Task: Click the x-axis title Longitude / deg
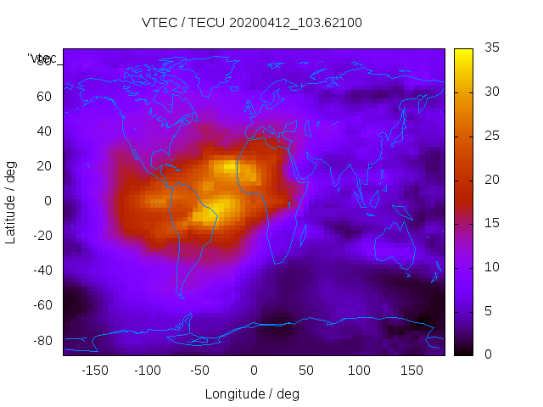coord(252,393)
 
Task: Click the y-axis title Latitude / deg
coord(11,202)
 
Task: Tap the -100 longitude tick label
coord(147,371)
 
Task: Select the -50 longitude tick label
coord(200,371)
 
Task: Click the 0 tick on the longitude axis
coord(254,371)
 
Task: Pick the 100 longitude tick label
coord(359,371)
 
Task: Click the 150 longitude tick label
coord(412,371)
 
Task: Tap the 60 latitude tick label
coord(44,96)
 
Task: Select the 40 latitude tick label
coord(44,131)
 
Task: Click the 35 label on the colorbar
coord(490,48)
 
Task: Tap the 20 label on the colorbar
coord(490,180)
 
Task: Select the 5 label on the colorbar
coord(487,310)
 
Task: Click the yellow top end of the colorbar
coord(463,53)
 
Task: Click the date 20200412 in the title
coord(259,23)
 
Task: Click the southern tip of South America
coord(181,295)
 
